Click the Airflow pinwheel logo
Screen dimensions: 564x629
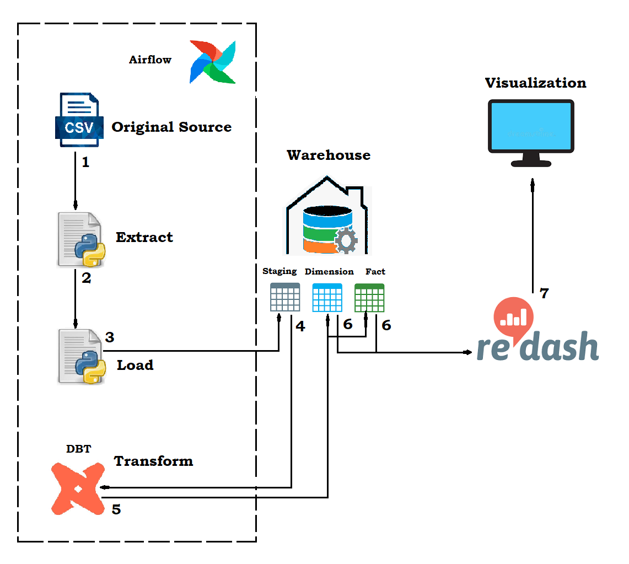(x=213, y=62)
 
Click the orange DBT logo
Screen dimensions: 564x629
(x=77, y=488)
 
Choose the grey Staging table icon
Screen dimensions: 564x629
(x=285, y=297)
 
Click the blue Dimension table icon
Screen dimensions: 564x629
(x=327, y=298)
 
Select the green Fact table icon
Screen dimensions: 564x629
(x=369, y=298)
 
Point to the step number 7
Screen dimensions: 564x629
(x=544, y=293)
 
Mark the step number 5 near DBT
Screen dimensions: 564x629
(x=116, y=509)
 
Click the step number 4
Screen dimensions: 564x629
(x=300, y=326)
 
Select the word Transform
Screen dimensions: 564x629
(x=153, y=461)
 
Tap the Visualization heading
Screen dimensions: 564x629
(x=535, y=83)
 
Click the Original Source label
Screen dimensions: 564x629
(x=171, y=127)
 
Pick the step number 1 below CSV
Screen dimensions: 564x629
(x=85, y=163)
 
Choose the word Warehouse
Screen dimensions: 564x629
(x=329, y=155)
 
